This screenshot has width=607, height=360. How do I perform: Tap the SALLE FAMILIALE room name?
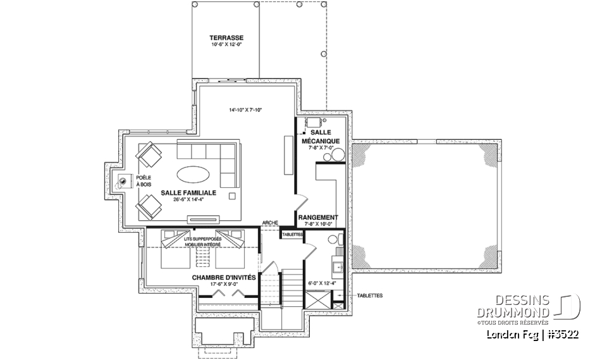point(188,192)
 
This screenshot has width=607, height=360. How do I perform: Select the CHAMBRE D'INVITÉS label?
point(224,277)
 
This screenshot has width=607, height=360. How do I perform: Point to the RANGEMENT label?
point(321,217)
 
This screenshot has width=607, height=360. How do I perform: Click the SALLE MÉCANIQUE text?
point(321,137)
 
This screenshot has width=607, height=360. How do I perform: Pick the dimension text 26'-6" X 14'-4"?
point(188,200)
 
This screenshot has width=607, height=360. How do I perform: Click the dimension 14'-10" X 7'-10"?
point(245,110)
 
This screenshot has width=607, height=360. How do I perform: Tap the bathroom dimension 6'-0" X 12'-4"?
point(321,283)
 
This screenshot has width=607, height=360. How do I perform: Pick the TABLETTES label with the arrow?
point(369,295)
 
